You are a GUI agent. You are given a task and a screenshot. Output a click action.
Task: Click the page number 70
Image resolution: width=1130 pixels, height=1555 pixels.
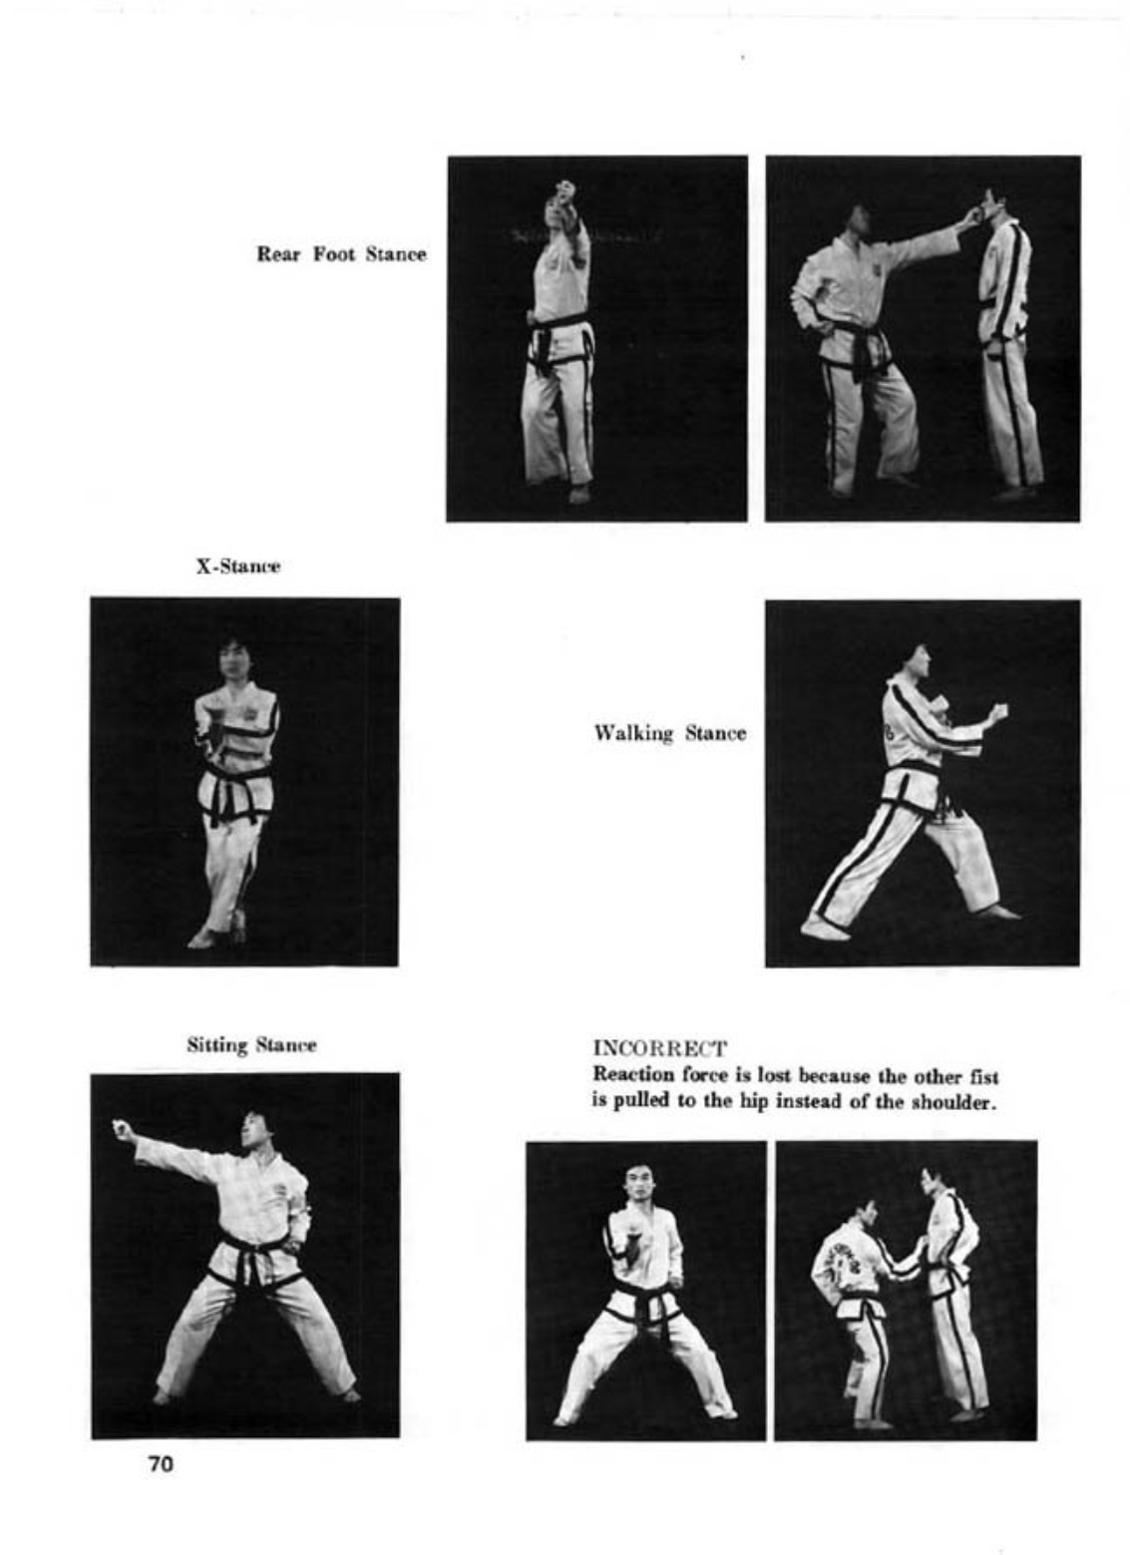[x=161, y=1464]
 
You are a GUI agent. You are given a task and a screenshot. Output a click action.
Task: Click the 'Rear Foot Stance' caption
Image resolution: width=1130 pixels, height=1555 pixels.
[x=341, y=254]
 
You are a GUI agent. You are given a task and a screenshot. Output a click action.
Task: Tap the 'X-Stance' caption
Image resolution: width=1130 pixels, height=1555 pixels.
[x=237, y=567]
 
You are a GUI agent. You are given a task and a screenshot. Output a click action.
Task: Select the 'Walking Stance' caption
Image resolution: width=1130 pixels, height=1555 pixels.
[x=669, y=733]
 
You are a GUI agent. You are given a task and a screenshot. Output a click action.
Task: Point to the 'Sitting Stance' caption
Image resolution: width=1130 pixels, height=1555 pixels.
[x=251, y=1045]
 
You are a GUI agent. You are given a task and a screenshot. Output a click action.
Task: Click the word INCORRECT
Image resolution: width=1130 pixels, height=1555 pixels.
[x=659, y=1048]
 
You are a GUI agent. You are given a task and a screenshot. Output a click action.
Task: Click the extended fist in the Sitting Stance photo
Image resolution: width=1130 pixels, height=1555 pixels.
[x=123, y=1129]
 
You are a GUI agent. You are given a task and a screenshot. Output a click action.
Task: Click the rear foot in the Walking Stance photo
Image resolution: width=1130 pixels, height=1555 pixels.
[x=824, y=928]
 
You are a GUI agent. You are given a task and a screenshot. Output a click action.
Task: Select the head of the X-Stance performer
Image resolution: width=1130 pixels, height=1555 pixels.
[x=235, y=660]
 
